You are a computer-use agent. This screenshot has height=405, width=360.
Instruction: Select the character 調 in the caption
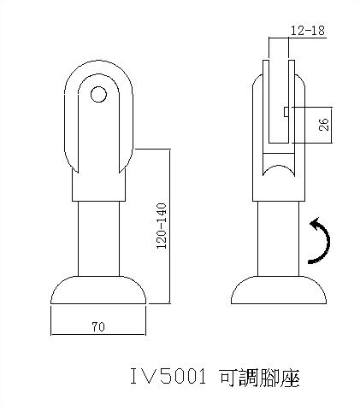click(243, 377)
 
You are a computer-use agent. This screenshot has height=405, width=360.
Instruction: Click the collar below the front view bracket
click(100, 185)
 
